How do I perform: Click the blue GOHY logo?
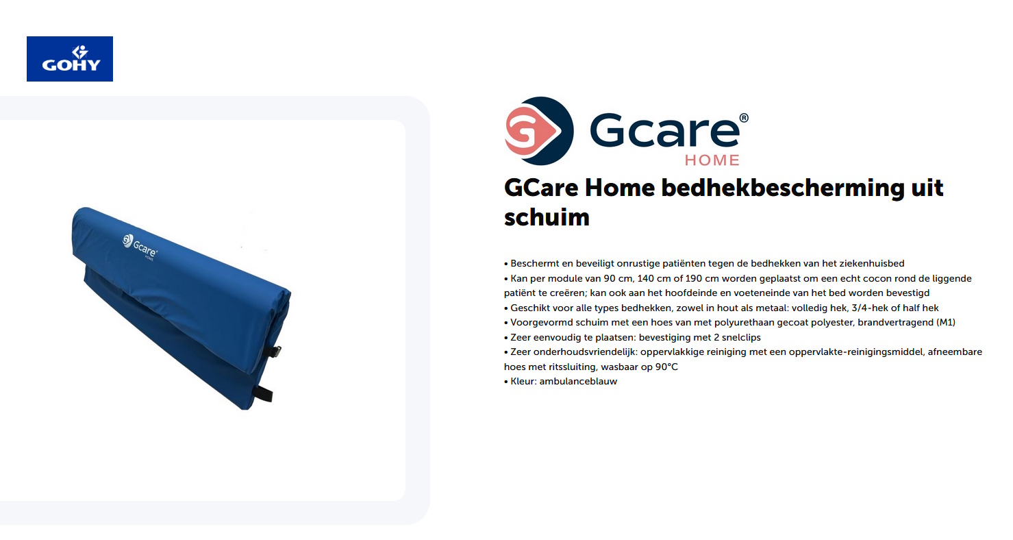(x=70, y=59)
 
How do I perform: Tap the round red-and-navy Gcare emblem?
(x=538, y=131)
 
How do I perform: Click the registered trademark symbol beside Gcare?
(x=744, y=118)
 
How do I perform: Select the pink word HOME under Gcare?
(x=712, y=160)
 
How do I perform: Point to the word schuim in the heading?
(x=547, y=217)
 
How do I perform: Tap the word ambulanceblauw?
(x=578, y=381)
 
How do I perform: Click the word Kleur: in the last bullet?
(x=523, y=381)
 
